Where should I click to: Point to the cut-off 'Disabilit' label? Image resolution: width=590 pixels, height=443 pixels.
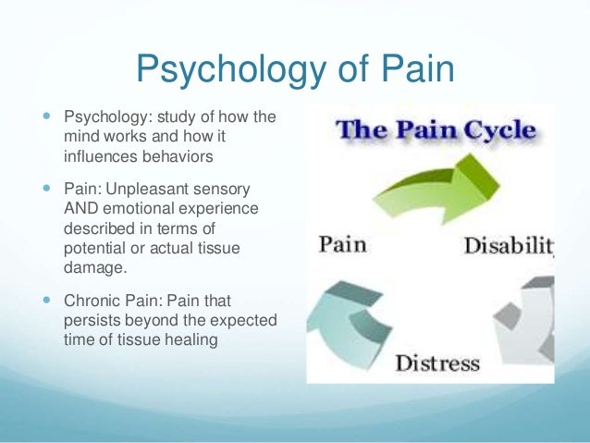pyautogui.click(x=508, y=246)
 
